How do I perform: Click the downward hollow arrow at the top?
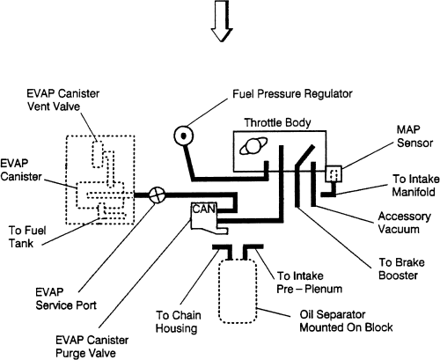click(222, 20)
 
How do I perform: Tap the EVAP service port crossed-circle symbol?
click(158, 195)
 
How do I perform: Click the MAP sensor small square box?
click(334, 173)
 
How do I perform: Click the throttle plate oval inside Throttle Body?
click(253, 146)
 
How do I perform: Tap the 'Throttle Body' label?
click(277, 122)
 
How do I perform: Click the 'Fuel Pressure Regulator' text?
click(292, 94)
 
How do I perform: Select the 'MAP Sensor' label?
click(414, 136)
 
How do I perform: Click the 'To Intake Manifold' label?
click(416, 186)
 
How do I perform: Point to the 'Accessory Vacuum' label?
click(404, 223)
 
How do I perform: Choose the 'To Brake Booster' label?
click(401, 268)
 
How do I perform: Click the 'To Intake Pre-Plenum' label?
click(309, 283)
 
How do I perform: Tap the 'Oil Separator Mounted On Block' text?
click(346, 321)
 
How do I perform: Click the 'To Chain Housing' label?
click(179, 321)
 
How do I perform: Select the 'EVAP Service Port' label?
click(66, 298)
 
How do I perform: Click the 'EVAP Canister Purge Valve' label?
click(92, 347)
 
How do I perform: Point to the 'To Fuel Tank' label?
click(27, 237)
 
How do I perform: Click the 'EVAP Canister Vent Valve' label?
click(63, 99)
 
